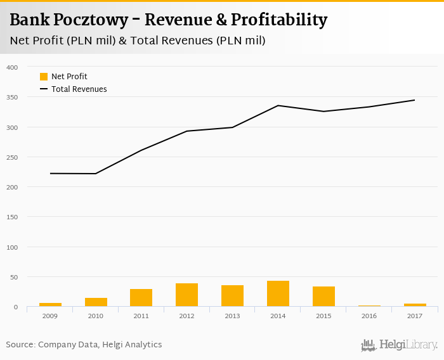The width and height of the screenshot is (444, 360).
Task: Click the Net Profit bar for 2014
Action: (278, 294)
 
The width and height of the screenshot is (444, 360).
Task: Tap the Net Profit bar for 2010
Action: (96, 302)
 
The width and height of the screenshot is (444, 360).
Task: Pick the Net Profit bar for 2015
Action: (323, 297)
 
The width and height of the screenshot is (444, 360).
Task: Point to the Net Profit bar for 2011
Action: (141, 298)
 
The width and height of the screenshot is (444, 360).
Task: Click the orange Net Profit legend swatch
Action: (44, 77)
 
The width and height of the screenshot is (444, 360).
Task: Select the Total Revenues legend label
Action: (79, 89)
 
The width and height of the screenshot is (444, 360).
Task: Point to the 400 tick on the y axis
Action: (12, 67)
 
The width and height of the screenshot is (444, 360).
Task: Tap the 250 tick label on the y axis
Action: (12, 157)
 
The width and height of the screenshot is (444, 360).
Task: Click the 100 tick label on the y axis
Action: (12, 247)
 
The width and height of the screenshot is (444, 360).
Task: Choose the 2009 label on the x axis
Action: (50, 316)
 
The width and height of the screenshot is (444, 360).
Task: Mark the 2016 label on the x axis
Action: (369, 316)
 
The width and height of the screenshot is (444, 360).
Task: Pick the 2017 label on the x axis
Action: (415, 316)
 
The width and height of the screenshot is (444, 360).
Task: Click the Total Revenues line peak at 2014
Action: (278, 105)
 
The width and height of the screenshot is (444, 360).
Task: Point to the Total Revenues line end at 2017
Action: (414, 100)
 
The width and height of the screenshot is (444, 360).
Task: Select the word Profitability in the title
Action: (279, 20)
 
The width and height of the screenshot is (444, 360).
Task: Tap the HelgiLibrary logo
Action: (400, 345)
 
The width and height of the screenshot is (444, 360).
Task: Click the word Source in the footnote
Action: (20, 345)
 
